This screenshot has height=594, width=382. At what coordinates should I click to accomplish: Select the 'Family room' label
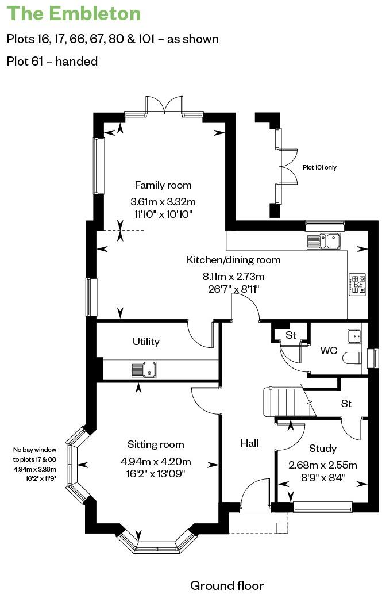tap(163, 185)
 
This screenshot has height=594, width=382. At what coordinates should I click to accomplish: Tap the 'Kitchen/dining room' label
tap(233, 260)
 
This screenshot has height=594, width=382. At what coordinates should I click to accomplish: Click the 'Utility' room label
tap(146, 342)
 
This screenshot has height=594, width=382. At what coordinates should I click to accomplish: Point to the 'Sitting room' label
tap(156, 444)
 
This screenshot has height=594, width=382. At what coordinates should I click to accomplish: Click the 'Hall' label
tap(249, 443)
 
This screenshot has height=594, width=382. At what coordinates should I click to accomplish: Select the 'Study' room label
tap(323, 449)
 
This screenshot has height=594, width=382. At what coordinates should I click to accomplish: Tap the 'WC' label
tap(328, 350)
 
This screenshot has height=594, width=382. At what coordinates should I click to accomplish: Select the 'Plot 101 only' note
tap(320, 168)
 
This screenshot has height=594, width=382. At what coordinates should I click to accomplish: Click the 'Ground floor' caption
tap(227, 585)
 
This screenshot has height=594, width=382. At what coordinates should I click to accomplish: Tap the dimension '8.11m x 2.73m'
tap(233, 275)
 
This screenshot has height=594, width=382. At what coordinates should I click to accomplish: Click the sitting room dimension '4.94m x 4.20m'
tap(156, 462)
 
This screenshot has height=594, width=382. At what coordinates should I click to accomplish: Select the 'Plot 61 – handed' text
tap(52, 61)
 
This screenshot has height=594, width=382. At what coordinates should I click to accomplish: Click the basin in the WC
tap(354, 335)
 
